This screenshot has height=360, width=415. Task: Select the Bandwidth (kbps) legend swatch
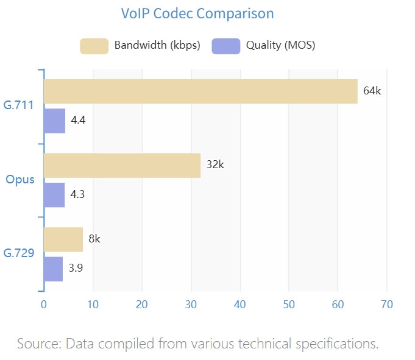94,46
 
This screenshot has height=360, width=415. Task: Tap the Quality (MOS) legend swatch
226,46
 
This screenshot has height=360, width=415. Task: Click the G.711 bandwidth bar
200,91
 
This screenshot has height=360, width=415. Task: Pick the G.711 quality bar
54,121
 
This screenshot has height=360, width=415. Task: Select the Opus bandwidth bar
122,165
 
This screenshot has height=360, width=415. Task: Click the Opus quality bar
54,195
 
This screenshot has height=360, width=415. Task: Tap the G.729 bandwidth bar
63,239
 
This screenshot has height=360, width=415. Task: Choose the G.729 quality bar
53,269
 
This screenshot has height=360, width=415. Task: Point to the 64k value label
372,91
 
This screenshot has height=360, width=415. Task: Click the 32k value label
215,165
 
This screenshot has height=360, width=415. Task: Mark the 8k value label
94,239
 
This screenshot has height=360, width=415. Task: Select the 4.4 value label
78,121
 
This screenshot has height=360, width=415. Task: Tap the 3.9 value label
76,269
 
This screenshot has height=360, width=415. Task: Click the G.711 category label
18,107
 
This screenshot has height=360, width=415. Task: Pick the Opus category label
20,180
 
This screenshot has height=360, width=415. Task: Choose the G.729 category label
18,254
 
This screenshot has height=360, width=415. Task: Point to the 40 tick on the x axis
239,304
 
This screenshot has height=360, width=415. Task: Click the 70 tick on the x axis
386,304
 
